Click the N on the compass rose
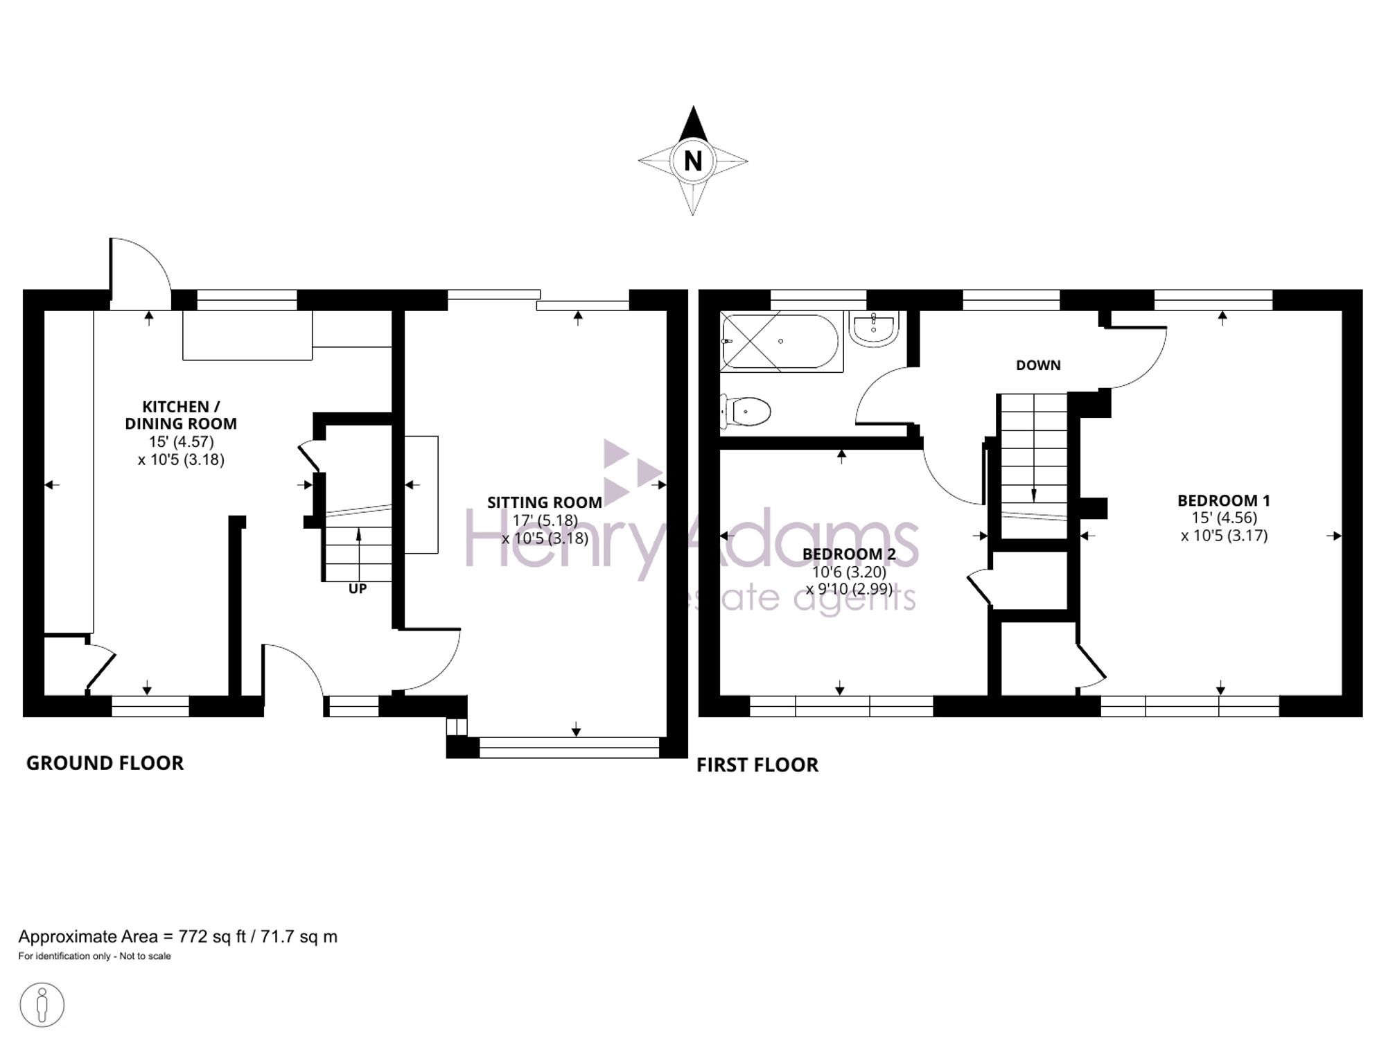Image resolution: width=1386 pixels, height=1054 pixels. pyautogui.click(x=693, y=161)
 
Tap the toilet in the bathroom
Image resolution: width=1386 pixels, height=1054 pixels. pyautogui.click(x=746, y=412)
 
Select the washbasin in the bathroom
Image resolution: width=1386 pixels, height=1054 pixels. pyautogui.click(x=874, y=328)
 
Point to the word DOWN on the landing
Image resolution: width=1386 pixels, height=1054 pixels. pyautogui.click(x=1038, y=365)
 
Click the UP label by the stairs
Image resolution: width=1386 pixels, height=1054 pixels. pyautogui.click(x=358, y=589)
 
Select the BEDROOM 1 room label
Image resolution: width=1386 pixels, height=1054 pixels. pyautogui.click(x=1224, y=500)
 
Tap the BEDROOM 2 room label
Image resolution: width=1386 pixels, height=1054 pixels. pyautogui.click(x=849, y=554)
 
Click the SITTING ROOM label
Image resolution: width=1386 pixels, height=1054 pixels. pyautogui.click(x=545, y=502)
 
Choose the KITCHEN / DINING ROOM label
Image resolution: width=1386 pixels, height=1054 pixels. pyautogui.click(x=181, y=415)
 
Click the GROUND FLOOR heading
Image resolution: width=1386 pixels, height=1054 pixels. pyautogui.click(x=105, y=763)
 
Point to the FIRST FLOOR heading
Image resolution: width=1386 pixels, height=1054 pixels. pyautogui.click(x=757, y=765)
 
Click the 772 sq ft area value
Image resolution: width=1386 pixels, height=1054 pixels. pyautogui.click(x=212, y=937)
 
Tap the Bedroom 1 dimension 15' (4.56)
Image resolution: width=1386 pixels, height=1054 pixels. pyautogui.click(x=1224, y=518)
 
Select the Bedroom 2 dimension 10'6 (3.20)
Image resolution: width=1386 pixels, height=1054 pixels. pyautogui.click(x=850, y=572)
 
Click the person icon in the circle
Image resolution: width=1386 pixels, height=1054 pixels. pyautogui.click(x=42, y=1004)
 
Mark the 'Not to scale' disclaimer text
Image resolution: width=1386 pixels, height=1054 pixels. pyautogui.click(x=145, y=956)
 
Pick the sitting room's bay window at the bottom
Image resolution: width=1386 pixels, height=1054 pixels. pyautogui.click(x=569, y=747)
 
